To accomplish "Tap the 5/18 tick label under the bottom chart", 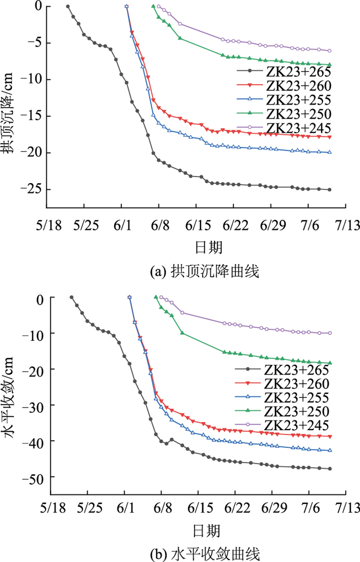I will (x=50, y=515).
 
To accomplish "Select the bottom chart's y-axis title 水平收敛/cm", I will (x=11, y=396).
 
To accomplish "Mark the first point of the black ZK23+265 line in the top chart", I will (x=68, y=6).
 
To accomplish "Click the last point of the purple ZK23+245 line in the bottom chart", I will (x=330, y=333).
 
